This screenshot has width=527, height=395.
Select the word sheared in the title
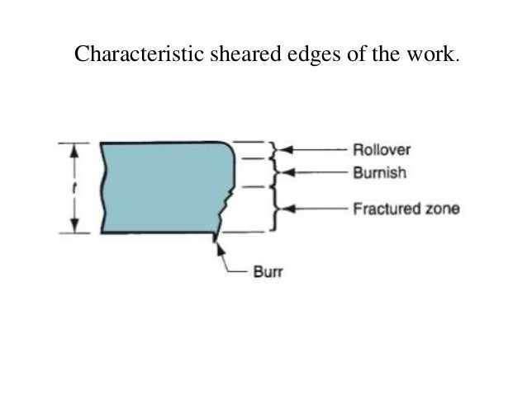(x=229, y=55)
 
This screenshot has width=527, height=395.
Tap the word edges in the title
(x=295, y=55)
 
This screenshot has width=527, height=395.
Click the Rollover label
(x=381, y=150)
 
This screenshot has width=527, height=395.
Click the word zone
(x=442, y=209)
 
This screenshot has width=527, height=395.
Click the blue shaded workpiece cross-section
(x=161, y=187)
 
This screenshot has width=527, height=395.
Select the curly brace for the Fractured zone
(x=274, y=209)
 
